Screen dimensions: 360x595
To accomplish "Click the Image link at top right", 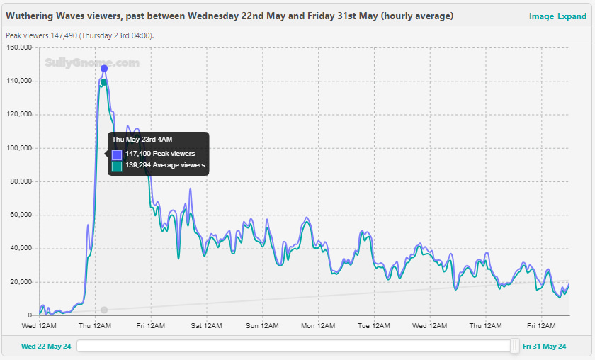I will coord(541,16).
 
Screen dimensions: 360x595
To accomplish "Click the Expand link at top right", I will coord(572,16).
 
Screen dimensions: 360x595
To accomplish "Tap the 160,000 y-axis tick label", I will coord(19,47).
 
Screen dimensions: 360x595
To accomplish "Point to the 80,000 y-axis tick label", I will coord(21,181).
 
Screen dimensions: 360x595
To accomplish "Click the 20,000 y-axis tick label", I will coord(21,282).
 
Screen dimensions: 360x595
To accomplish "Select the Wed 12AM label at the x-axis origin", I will coord(39,326).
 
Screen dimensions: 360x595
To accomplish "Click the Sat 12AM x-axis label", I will coord(205,326).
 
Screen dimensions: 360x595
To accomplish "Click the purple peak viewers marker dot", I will coord(104,69).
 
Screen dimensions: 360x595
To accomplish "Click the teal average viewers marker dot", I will coord(104,82).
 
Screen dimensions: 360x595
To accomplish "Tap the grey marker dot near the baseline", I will coord(104,310).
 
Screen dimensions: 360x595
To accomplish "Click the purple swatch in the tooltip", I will coord(117,154).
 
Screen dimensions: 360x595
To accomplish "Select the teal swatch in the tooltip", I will coord(117,165).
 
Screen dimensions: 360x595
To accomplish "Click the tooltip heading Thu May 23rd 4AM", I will coord(142,140).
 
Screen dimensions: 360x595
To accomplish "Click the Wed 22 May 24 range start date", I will coord(46,347).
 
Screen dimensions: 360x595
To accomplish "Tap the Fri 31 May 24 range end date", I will coord(545,347).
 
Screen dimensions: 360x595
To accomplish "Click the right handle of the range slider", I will coord(514,346).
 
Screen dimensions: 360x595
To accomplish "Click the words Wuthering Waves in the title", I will coord(45,16).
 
